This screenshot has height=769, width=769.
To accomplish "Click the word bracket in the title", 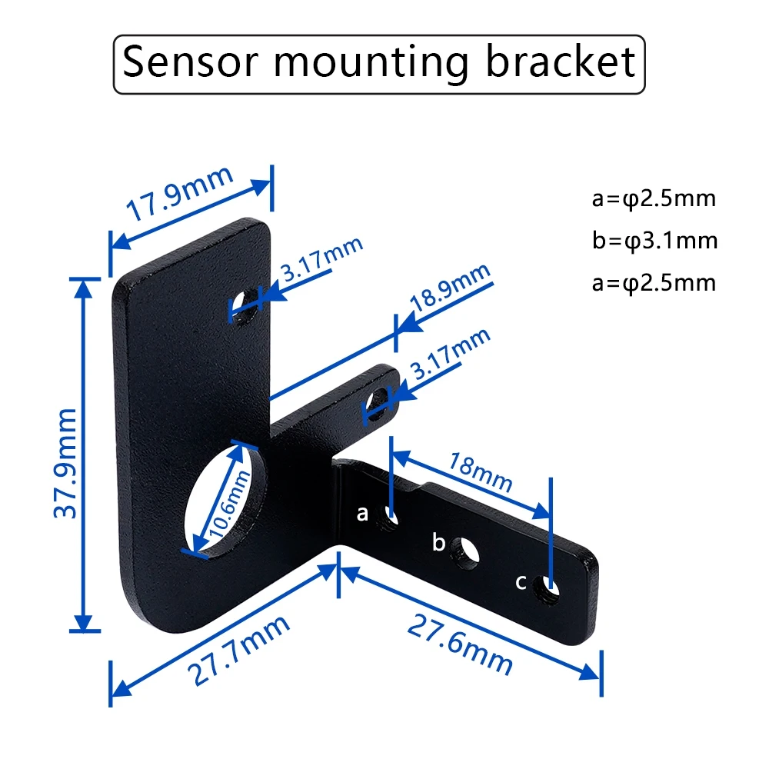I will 561,63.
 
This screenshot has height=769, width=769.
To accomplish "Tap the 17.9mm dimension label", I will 180,194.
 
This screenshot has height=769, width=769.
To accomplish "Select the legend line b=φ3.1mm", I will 654,241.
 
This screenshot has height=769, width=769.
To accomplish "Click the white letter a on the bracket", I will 363,513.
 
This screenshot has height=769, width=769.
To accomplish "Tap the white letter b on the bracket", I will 439,543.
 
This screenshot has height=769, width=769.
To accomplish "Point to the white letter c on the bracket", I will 521,582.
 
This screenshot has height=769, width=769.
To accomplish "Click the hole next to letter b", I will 464,552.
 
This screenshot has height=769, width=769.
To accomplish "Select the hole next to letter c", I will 549,590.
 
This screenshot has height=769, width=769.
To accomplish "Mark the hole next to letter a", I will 388,519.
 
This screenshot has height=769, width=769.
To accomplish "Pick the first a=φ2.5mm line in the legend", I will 654,199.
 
